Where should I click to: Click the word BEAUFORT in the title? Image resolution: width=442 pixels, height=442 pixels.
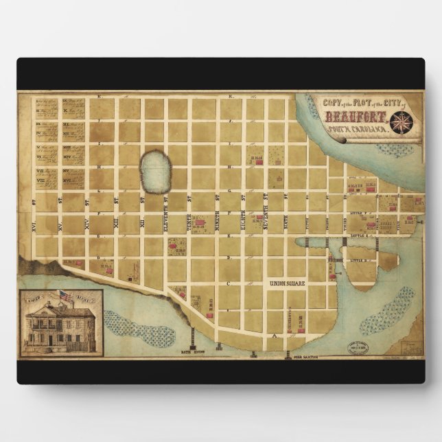coord(354,115)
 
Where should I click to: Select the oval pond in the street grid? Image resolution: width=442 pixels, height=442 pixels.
coord(155,172)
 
